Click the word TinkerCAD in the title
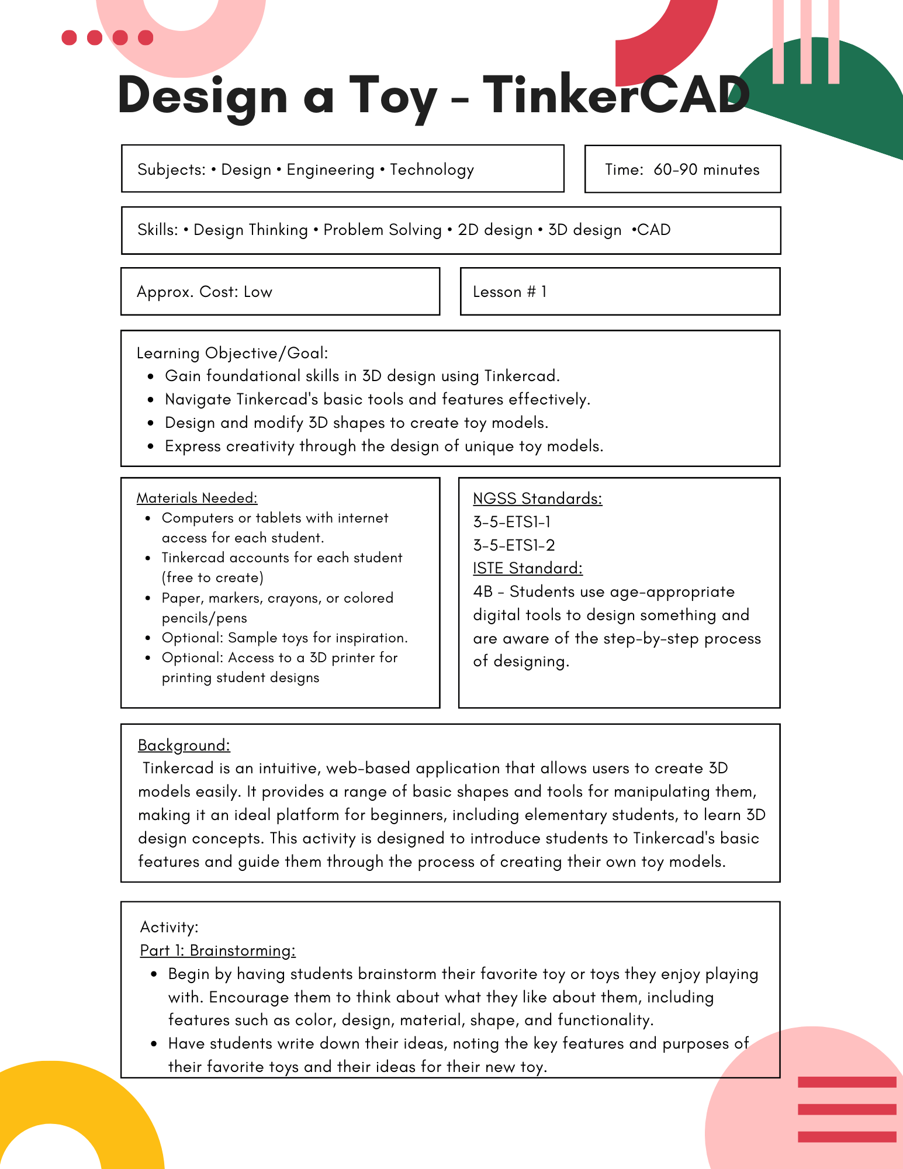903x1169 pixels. tap(616, 95)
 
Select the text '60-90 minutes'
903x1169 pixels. tap(706, 170)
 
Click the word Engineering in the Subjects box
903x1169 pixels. tap(330, 170)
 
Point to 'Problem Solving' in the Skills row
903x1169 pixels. tap(382, 230)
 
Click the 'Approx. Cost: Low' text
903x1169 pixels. tap(204, 292)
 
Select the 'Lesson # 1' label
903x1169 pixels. tap(510, 292)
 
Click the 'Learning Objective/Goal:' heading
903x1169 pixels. tap(232, 353)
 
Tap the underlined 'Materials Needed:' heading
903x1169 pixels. tap(196, 498)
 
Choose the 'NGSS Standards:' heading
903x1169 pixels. tap(537, 499)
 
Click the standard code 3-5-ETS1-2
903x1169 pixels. tap(514, 545)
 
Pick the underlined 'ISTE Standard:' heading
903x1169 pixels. tap(527, 568)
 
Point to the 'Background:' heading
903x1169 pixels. tap(184, 745)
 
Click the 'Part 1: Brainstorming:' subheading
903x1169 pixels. tap(217, 950)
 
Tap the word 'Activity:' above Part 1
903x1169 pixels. tap(169, 927)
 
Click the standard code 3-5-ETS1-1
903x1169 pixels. tap(511, 522)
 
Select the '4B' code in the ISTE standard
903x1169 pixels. tap(483, 592)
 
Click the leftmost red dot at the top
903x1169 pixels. tap(69, 38)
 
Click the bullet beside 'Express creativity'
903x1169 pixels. tap(151, 447)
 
